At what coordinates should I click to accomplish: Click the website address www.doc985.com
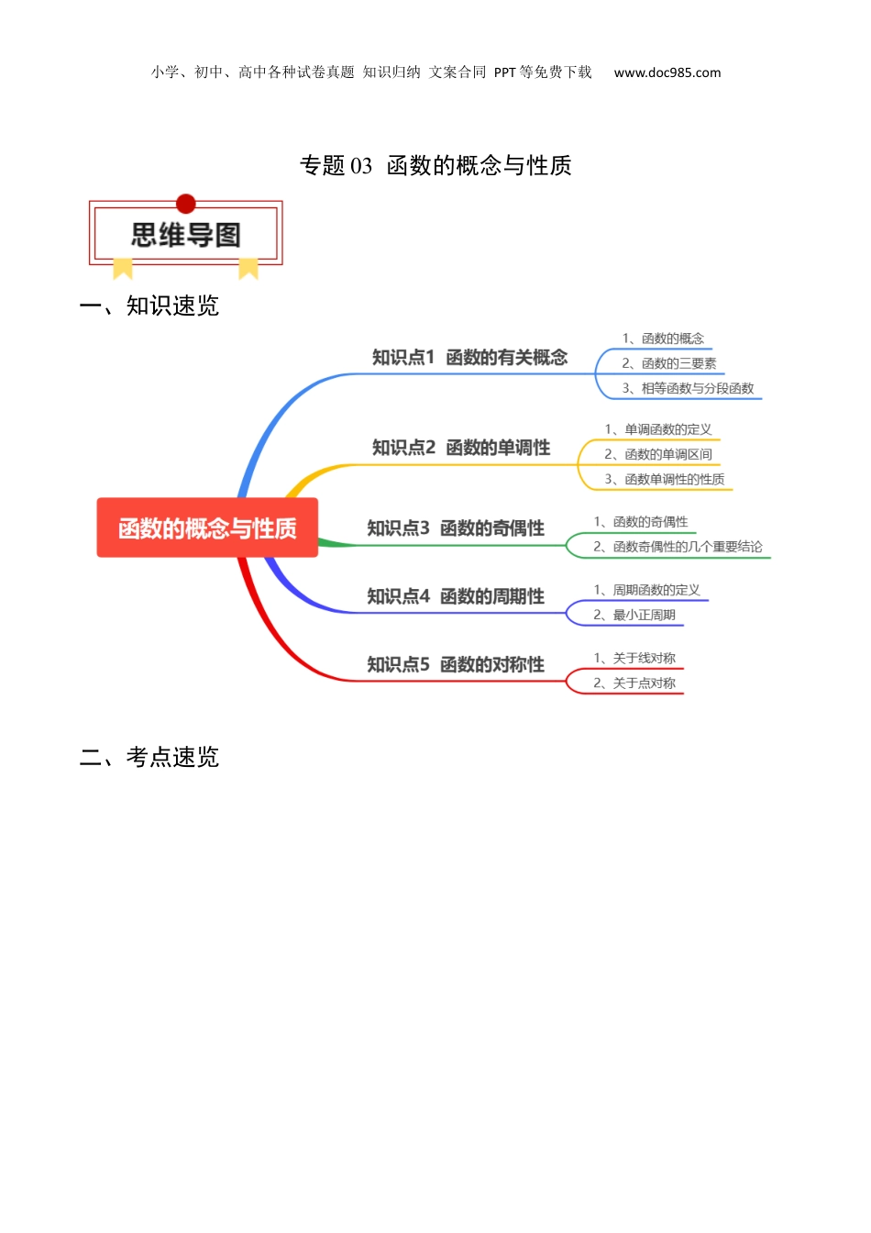(x=667, y=72)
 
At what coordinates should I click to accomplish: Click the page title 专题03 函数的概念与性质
(x=435, y=165)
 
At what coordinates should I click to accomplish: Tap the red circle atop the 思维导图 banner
(x=186, y=204)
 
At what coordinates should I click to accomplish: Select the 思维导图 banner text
(x=186, y=235)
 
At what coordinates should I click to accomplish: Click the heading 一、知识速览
(x=149, y=306)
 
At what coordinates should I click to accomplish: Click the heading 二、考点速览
(x=149, y=757)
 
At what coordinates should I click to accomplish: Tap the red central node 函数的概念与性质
(x=207, y=528)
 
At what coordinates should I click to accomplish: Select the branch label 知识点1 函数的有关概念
(x=470, y=357)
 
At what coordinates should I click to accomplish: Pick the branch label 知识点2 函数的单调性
(x=461, y=448)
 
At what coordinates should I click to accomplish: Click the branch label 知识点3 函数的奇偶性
(x=456, y=528)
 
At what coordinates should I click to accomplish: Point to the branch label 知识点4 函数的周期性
(x=456, y=596)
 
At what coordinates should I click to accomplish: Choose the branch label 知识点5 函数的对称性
(x=456, y=664)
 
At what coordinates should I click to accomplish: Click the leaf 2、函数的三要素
(x=669, y=363)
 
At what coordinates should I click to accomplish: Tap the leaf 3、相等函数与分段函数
(x=688, y=388)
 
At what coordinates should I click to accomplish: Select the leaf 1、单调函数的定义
(x=658, y=429)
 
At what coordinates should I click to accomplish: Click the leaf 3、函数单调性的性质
(x=664, y=479)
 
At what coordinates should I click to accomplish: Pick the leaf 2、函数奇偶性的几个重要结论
(x=678, y=547)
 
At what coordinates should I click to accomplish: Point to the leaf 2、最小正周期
(x=634, y=615)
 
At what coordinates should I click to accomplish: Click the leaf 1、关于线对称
(x=634, y=658)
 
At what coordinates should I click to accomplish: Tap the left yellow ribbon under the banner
(x=123, y=268)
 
